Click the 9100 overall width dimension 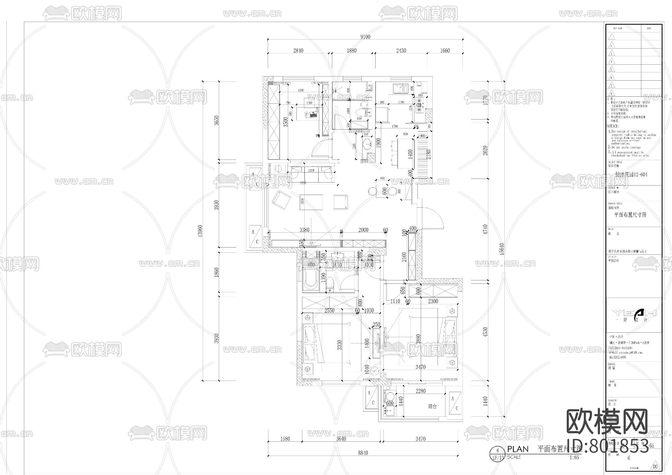pyautogui.click(x=365, y=37)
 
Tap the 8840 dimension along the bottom pyautogui.click(x=363, y=453)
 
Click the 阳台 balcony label pyautogui.click(x=432, y=407)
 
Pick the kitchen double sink pyautogui.click(x=399, y=88)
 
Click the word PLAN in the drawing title pyautogui.click(x=518, y=449)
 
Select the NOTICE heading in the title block pyautogui.click(x=614, y=126)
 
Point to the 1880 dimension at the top pyautogui.click(x=352, y=51)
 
